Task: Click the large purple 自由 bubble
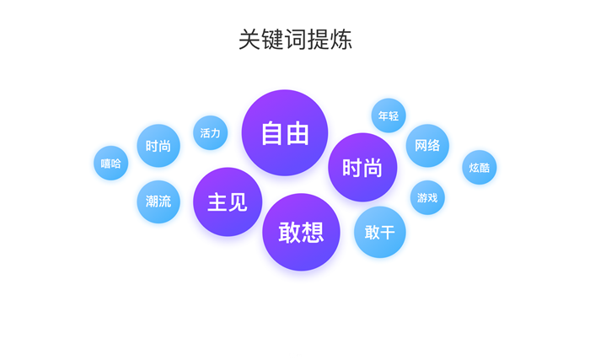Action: tap(285, 132)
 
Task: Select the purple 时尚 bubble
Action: tap(362, 167)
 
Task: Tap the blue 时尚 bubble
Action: tap(158, 146)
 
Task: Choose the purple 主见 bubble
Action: tap(228, 201)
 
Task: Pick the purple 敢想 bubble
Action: tap(301, 232)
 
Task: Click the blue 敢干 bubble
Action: tap(379, 232)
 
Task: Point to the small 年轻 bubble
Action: tap(389, 116)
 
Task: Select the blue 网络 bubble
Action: tap(427, 146)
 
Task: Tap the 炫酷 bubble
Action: tap(479, 168)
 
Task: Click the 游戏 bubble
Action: tap(427, 197)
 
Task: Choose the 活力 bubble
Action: tap(211, 132)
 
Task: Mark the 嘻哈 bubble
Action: tap(111, 163)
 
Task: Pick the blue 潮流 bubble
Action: tap(158, 201)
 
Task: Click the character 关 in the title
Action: tap(249, 39)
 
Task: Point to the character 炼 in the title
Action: tap(341, 39)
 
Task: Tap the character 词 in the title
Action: tap(296, 39)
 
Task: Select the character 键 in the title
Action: tap(273, 39)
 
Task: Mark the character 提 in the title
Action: tap(319, 39)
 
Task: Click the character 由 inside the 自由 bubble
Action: tap(298, 133)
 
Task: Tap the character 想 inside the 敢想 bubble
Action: tap(313, 233)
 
